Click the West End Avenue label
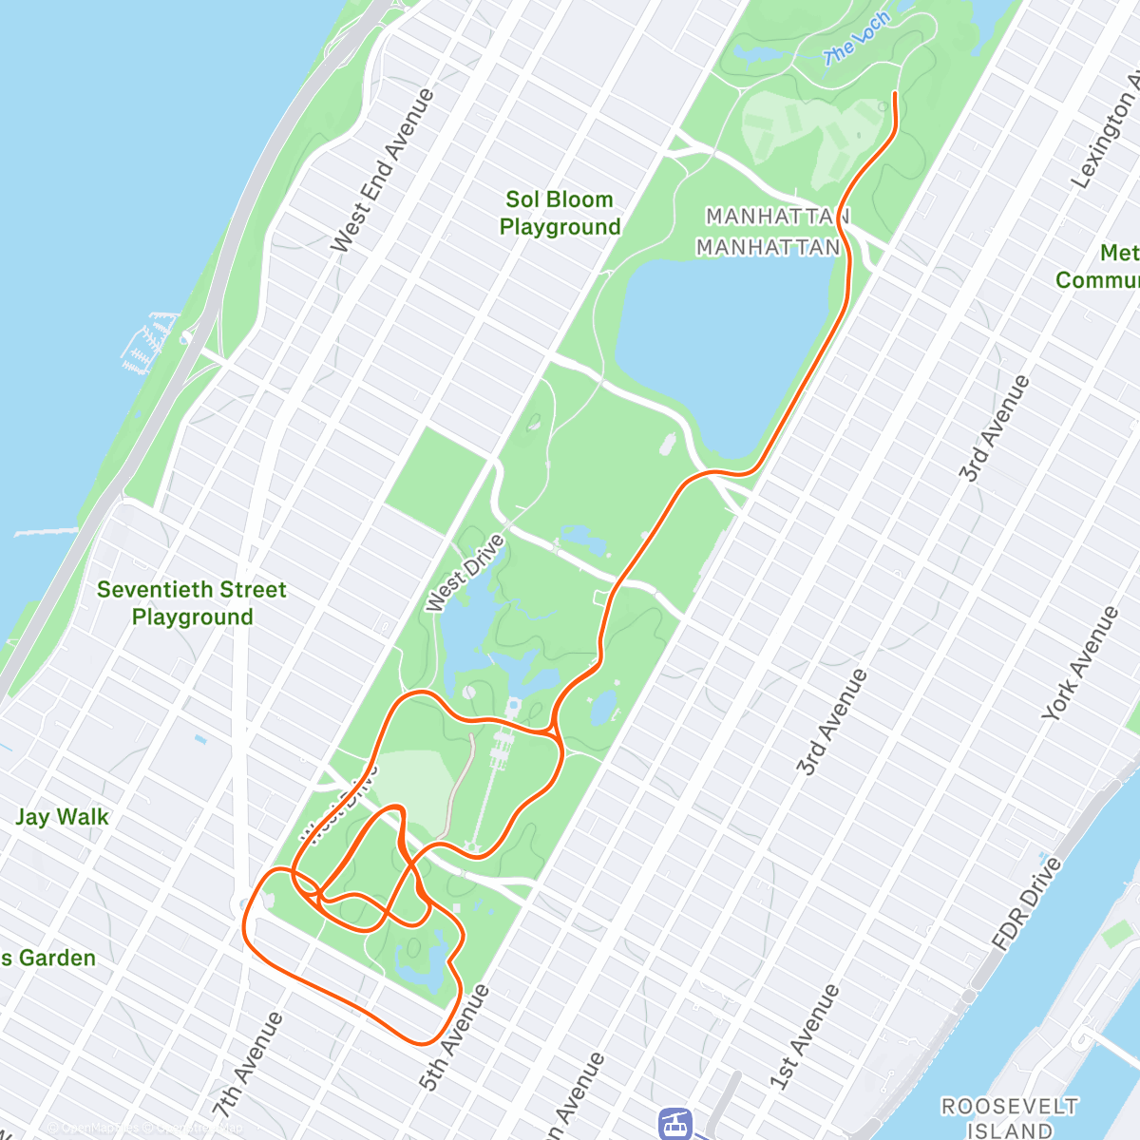[x=382, y=171]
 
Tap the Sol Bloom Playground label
[x=560, y=213]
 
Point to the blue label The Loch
[x=857, y=40]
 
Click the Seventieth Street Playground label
[x=192, y=603]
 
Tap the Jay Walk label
[x=62, y=817]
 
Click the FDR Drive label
[x=1026, y=904]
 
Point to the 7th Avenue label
[x=247, y=1064]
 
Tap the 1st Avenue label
[x=805, y=1036]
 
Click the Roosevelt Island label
[x=1009, y=1118]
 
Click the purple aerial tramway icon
[x=674, y=1124]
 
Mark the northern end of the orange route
[x=895, y=93]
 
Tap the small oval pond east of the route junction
[x=602, y=706]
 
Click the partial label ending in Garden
[x=47, y=958]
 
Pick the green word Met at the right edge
[x=1119, y=253]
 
